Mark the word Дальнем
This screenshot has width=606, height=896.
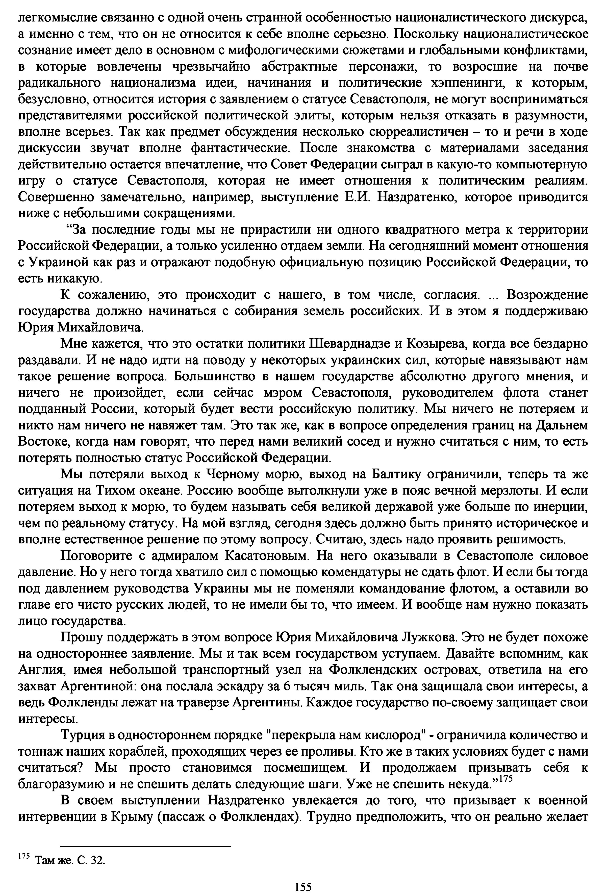[561, 425]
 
